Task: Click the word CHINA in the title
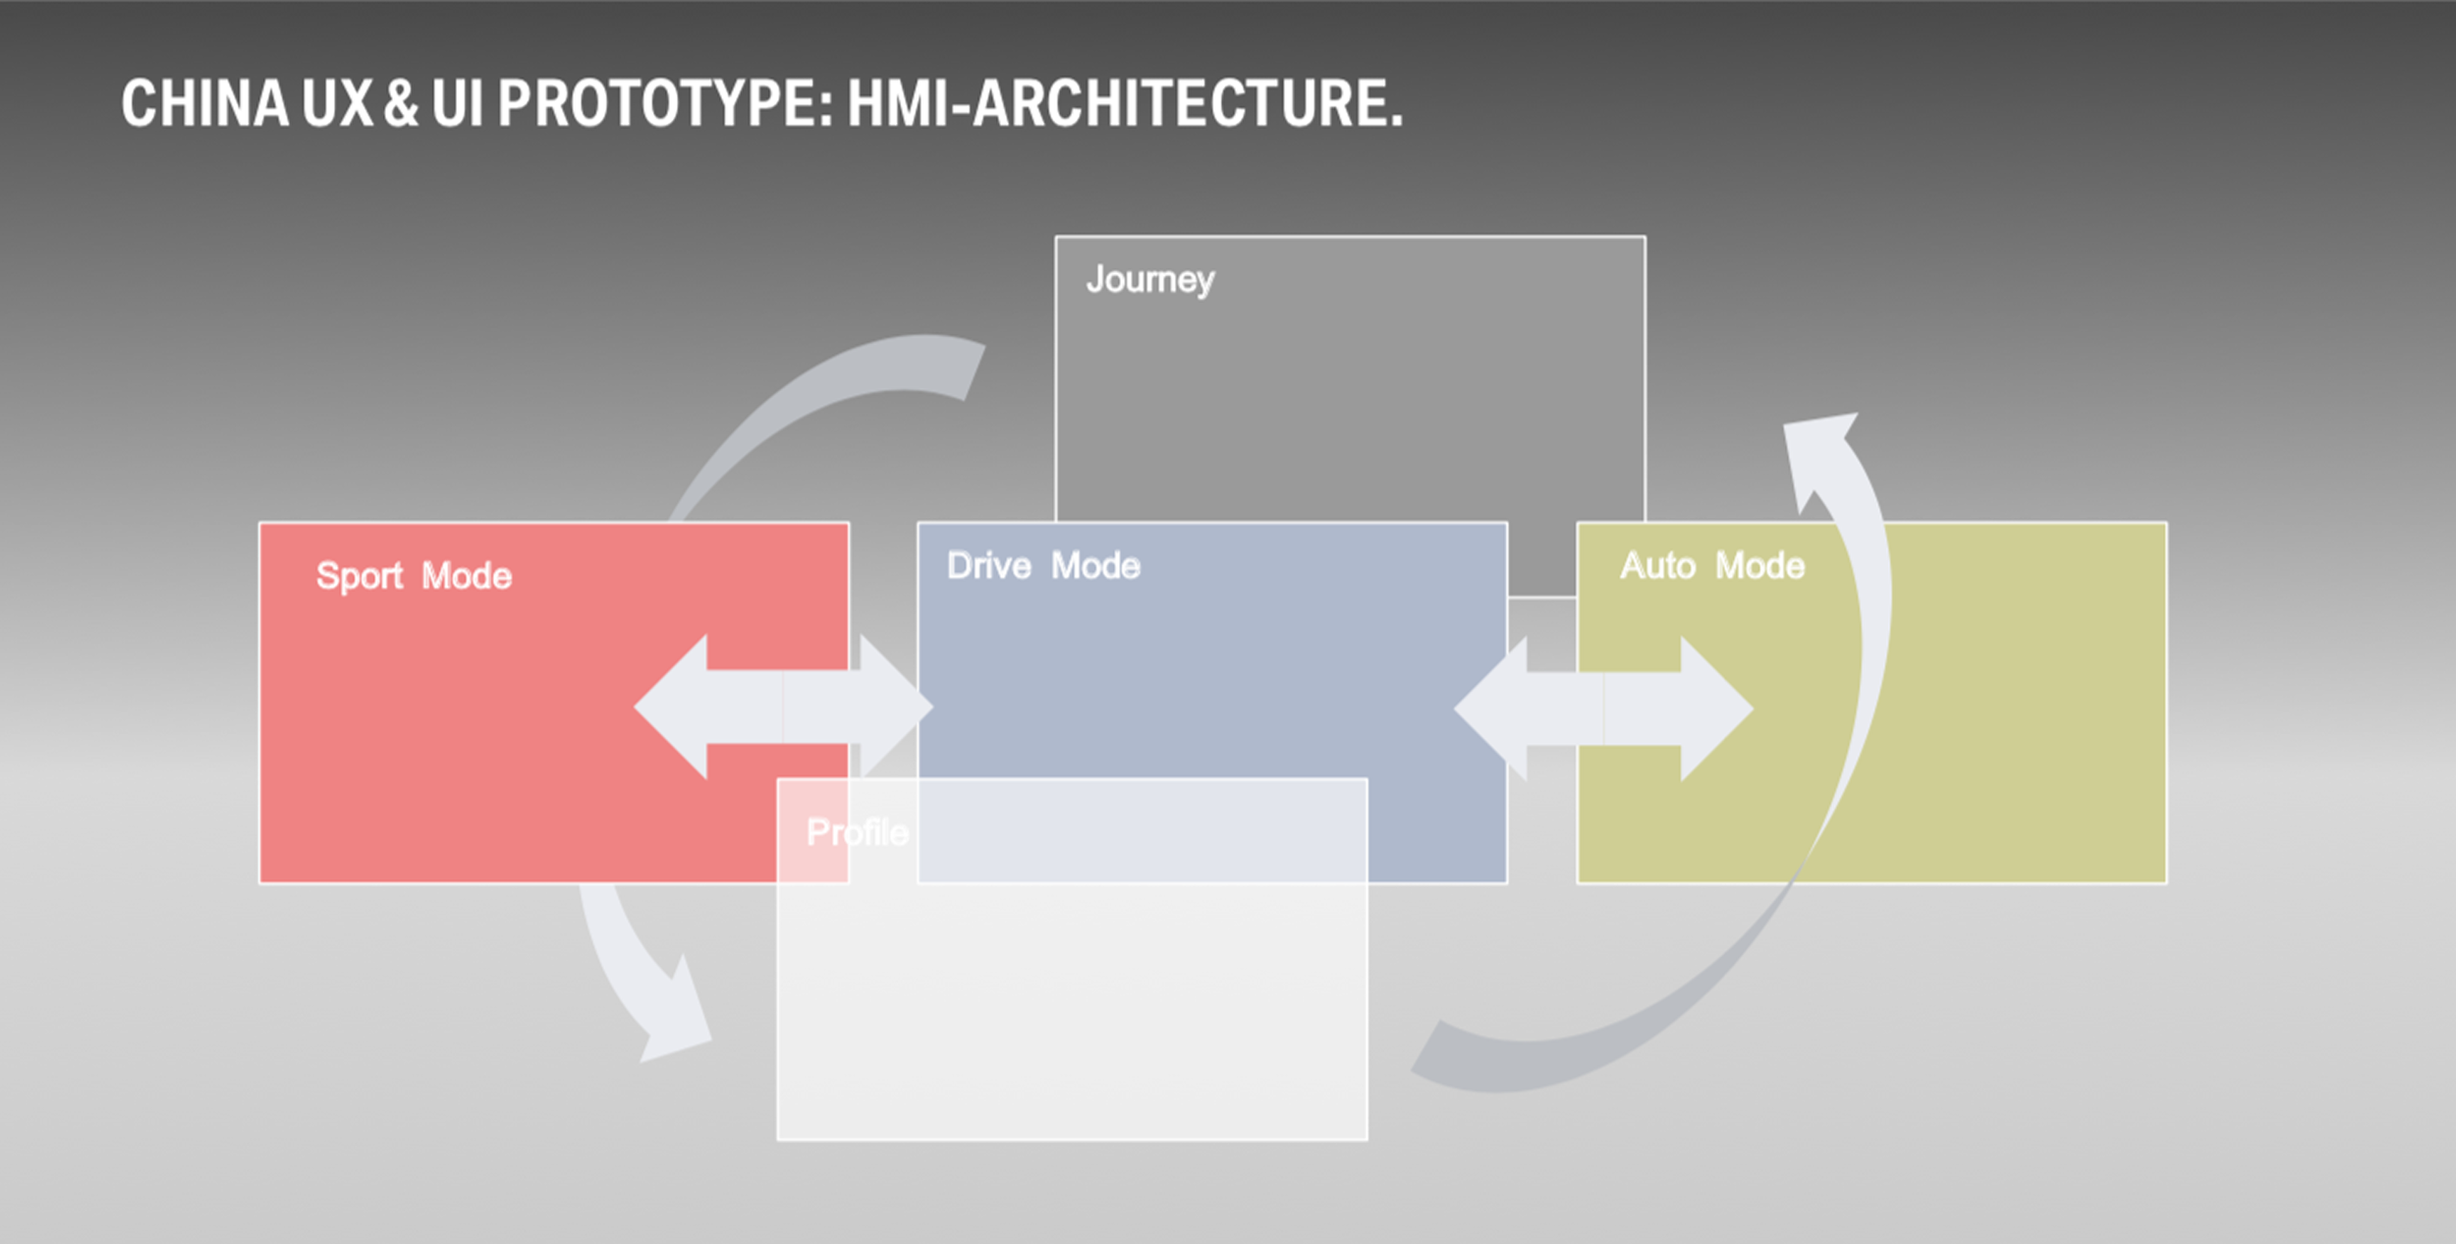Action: pos(204,103)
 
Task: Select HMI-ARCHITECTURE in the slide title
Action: pos(1125,103)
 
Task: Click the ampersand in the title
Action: pos(401,103)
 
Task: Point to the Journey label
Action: pos(1149,280)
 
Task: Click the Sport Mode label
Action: pos(414,576)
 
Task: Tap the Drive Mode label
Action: pos(1043,566)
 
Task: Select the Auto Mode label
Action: pos(1712,566)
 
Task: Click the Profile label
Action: pos(857,832)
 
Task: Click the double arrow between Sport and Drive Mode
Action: pos(783,707)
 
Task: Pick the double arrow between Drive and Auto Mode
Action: pos(1603,708)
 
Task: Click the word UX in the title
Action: pos(337,103)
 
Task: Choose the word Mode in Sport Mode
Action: pos(467,576)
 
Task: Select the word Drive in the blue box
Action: pos(988,566)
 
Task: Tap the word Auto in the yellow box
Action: pos(1657,566)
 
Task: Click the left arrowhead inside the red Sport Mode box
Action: pos(678,707)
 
